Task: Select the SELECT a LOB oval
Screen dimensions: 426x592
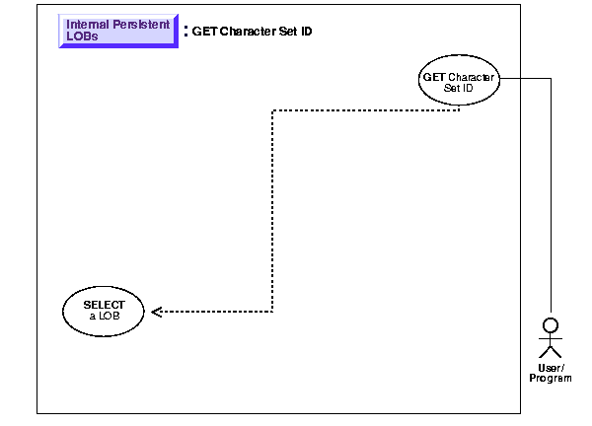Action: point(104,310)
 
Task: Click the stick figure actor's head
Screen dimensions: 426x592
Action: point(551,323)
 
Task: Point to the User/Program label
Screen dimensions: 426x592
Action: point(551,373)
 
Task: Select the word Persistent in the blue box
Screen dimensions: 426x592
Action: point(140,25)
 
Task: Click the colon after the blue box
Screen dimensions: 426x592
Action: point(185,32)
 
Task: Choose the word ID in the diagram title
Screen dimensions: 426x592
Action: point(306,31)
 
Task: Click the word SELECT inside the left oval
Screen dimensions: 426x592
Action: point(104,304)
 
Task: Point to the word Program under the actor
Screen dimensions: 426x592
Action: point(551,379)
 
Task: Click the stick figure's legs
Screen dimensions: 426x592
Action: point(551,351)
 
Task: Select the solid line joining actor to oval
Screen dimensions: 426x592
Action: point(550,197)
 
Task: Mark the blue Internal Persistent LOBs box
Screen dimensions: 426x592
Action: point(117,32)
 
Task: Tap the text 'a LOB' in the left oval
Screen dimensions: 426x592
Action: point(104,316)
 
